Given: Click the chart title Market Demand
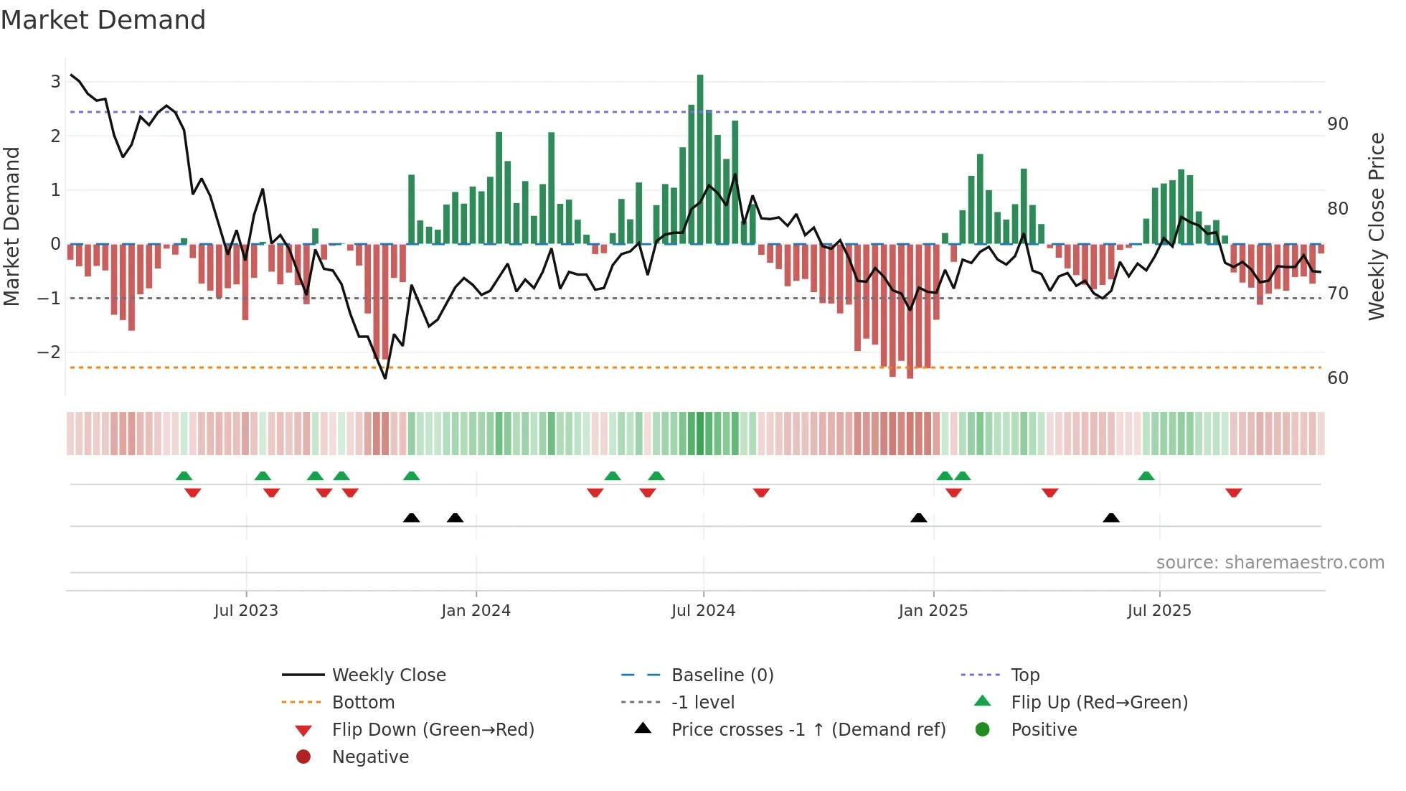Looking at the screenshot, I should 103,20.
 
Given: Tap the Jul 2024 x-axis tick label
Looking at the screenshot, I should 703,611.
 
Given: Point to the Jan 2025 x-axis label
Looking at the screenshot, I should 933,611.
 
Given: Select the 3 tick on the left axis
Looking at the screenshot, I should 55,82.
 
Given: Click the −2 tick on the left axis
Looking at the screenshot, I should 49,352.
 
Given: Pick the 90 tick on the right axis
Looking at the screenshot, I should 1337,124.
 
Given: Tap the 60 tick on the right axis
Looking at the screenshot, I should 1337,378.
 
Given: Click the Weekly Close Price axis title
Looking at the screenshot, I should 1376,226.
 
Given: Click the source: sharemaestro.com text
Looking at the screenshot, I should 1270,563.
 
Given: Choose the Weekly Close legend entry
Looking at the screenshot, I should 388,675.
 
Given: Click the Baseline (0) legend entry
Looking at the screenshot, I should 722,675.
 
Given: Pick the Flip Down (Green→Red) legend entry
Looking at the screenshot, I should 433,730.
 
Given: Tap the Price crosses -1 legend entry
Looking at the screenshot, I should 808,730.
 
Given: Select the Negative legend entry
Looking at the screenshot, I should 370,757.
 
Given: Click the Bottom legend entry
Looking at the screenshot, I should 363,703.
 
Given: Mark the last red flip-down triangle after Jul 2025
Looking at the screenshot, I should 1233,493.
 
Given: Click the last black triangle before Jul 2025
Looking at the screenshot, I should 1111,518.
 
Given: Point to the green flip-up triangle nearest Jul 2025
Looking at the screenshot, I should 1146,476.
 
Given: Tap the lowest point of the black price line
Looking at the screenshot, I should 385,378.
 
